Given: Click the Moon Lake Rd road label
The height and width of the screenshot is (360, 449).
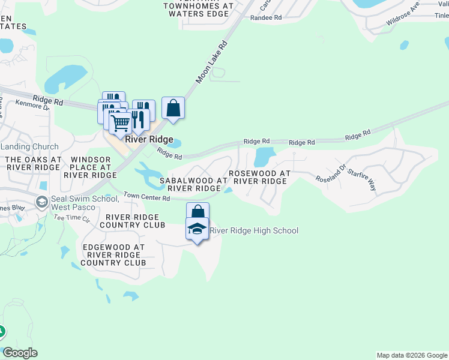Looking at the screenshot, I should pos(212,62).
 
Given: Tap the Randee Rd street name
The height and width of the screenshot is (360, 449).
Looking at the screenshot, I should pos(266,18).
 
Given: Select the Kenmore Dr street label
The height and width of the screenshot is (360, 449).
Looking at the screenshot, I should pos(33,106).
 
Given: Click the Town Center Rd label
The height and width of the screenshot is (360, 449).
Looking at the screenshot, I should pos(145,196).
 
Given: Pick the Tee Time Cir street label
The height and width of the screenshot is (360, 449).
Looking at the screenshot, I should pos(71,217).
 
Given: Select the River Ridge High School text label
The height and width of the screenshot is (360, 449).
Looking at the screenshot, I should pos(254,230).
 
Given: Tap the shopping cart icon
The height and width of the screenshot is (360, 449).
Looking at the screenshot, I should pos(120,123).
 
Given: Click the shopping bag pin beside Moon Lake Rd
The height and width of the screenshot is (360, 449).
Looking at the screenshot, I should pos(173,109).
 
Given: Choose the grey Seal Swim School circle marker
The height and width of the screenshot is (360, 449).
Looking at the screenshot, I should pos(42,200).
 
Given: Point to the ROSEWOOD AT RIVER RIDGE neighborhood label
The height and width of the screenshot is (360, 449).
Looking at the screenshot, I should pos(259,177).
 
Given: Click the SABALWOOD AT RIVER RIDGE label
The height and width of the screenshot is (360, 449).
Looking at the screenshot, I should pos(193,184).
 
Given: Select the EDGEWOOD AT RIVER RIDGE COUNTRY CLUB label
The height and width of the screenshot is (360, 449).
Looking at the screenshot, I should pos(113,255).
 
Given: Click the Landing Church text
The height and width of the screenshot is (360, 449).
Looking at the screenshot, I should pos(29,146).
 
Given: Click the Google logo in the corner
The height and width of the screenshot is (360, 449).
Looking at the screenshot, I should pos(20,353).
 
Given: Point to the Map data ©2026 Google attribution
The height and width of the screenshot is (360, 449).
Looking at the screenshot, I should pos(412,355).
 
